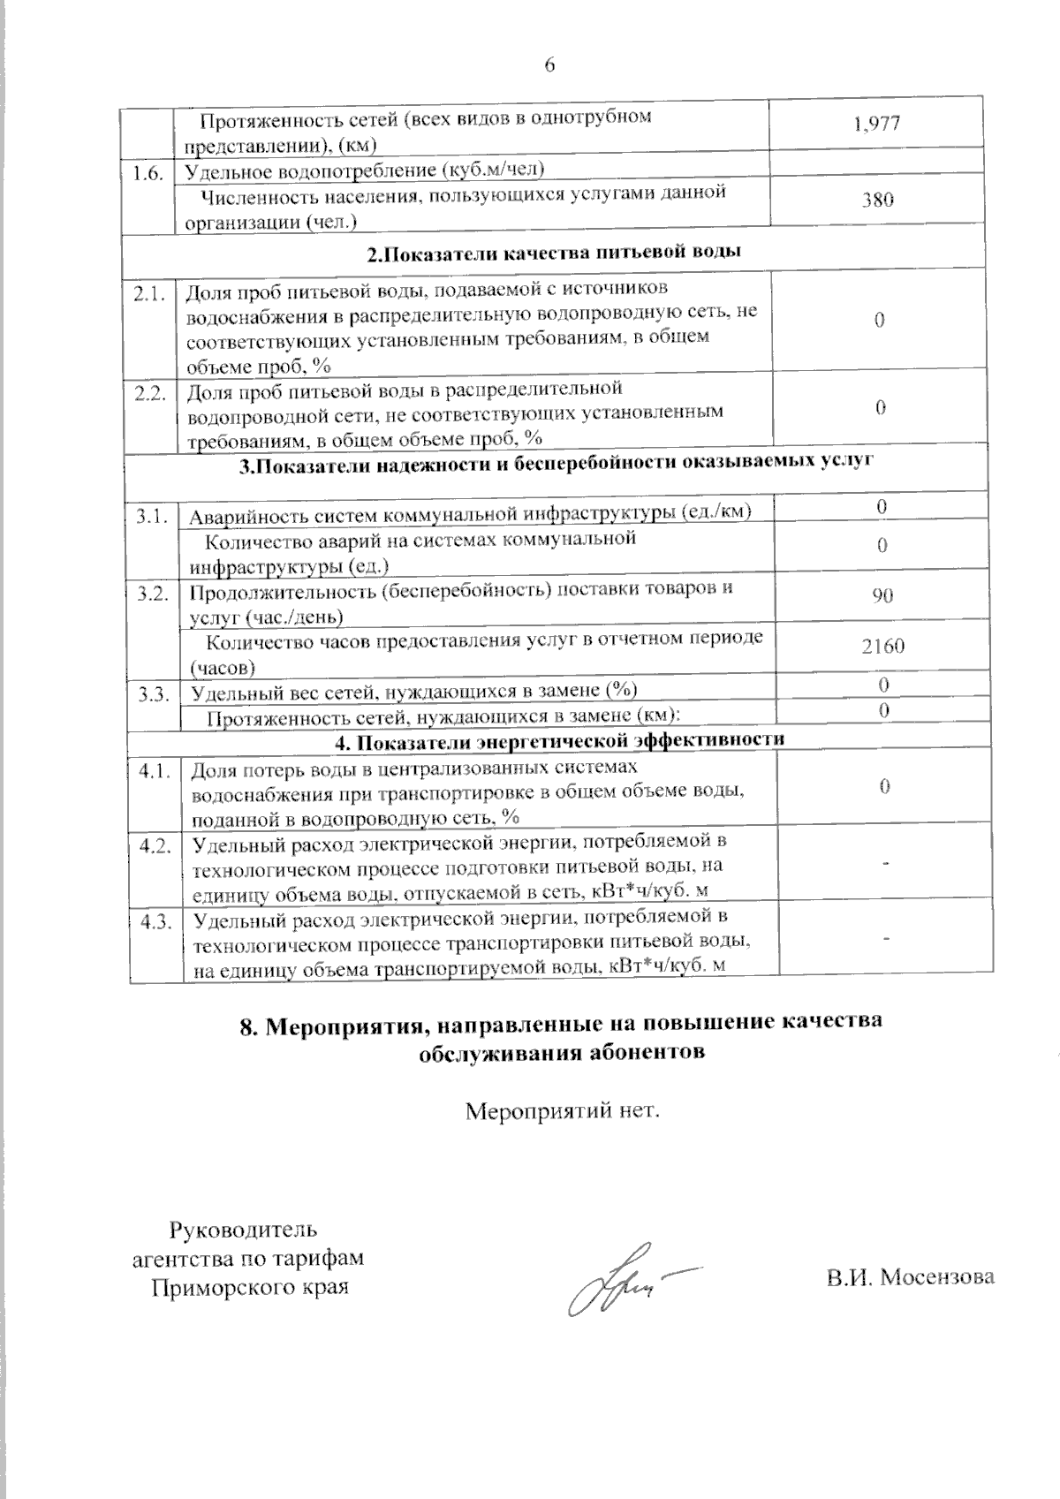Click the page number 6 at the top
(x=549, y=64)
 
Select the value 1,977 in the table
(x=876, y=124)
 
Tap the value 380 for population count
(x=877, y=200)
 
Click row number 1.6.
(x=148, y=174)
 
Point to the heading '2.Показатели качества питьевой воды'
(x=554, y=252)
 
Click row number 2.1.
(x=150, y=295)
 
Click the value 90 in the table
(x=882, y=595)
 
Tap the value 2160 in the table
(x=882, y=646)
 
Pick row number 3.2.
(x=152, y=594)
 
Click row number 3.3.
(x=153, y=694)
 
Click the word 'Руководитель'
(x=243, y=1229)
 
